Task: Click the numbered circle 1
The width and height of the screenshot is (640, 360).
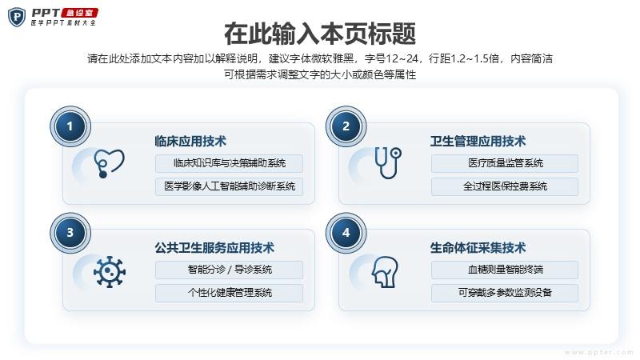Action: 70,126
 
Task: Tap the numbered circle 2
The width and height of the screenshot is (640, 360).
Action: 346,126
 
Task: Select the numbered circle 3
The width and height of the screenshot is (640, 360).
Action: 70,233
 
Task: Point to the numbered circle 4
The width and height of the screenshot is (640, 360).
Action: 346,233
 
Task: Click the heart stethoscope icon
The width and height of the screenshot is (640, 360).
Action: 109,163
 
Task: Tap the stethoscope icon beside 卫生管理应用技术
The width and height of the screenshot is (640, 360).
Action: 388,162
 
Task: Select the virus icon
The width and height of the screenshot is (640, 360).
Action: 109,272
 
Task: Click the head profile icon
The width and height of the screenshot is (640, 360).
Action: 385,272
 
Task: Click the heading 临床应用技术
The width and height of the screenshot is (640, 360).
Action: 190,142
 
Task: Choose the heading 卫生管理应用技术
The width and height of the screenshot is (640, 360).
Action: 478,142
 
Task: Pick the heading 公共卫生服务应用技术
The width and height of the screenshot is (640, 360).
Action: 214,247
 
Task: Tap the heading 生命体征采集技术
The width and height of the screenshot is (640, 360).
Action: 478,247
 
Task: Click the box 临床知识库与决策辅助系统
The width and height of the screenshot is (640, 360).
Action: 229,163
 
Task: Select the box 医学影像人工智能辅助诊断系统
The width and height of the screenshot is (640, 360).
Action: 229,186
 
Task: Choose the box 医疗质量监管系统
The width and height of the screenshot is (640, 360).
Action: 505,163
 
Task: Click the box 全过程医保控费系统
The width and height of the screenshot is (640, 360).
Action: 505,186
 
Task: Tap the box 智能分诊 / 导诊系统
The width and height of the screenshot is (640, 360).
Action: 229,270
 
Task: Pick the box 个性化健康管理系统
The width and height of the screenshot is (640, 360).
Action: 229,293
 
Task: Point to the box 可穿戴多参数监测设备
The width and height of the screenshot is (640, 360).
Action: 505,293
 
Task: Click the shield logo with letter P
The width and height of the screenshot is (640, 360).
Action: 17,17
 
